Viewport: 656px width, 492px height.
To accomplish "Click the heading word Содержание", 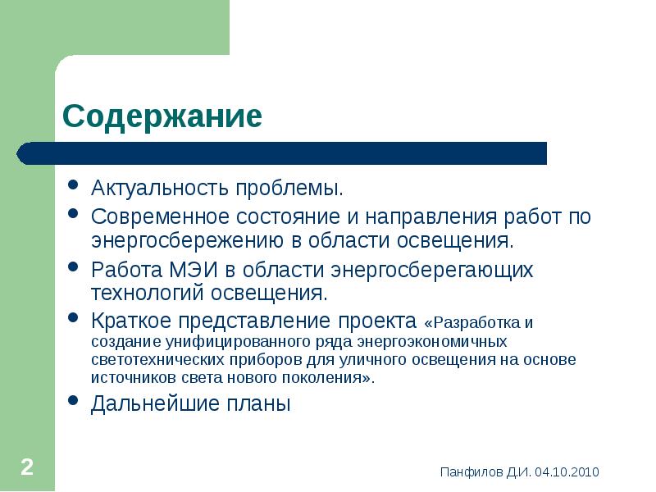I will point(162,116).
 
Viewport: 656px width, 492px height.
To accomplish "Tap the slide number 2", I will point(26,468).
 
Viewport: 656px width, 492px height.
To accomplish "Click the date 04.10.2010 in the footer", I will point(566,471).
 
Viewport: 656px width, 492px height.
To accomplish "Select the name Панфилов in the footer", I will point(468,471).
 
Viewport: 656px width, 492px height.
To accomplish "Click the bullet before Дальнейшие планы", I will point(73,402).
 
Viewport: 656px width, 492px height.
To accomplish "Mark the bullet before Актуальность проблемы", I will point(73,188).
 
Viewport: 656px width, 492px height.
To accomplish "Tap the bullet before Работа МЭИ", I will point(73,268).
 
